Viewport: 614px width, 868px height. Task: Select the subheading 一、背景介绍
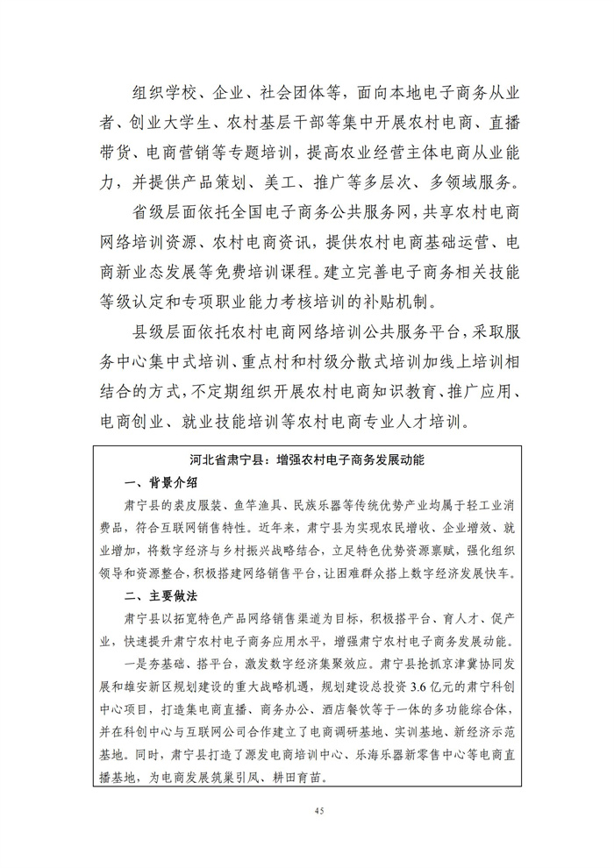coord(161,481)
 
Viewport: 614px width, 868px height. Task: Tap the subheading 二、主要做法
coord(161,594)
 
